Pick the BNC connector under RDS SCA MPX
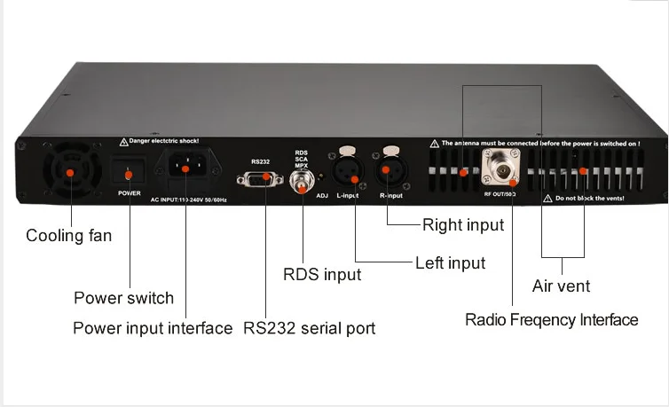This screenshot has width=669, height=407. click(x=302, y=182)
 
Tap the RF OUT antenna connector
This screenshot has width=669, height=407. click(x=501, y=167)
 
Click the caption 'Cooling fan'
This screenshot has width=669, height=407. click(x=69, y=236)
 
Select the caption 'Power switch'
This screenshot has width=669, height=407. click(x=123, y=298)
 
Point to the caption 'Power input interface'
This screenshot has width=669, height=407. click(x=153, y=328)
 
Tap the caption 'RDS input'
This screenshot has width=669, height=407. click(x=321, y=274)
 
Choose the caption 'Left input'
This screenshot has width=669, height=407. click(x=450, y=262)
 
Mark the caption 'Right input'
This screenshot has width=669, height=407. click(x=462, y=224)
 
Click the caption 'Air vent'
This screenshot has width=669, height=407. click(x=561, y=286)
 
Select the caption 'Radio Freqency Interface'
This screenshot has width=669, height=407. click(x=551, y=319)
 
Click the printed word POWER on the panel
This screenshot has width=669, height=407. click(x=130, y=191)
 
